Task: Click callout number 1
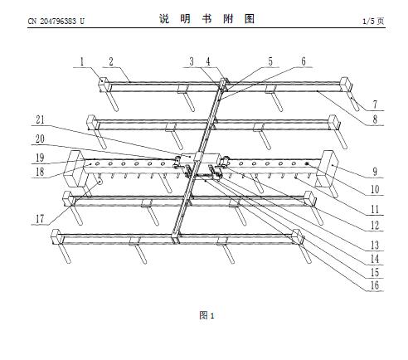coord(82,61)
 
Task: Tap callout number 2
coord(111,61)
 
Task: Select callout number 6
coord(304,61)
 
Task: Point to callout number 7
coord(375,105)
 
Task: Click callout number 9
coord(375,172)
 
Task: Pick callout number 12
coord(375,226)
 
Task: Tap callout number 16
coord(375,285)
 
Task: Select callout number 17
coord(40,219)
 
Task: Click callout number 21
coord(40,119)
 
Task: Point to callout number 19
coord(40,158)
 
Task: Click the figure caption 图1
coord(206,315)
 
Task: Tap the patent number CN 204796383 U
coord(56,21)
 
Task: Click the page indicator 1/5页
coord(373,21)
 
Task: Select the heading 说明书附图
coord(206,19)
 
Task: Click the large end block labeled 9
coord(328,168)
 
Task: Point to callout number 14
coord(375,259)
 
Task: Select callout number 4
coord(208,61)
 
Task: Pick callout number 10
coord(375,189)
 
